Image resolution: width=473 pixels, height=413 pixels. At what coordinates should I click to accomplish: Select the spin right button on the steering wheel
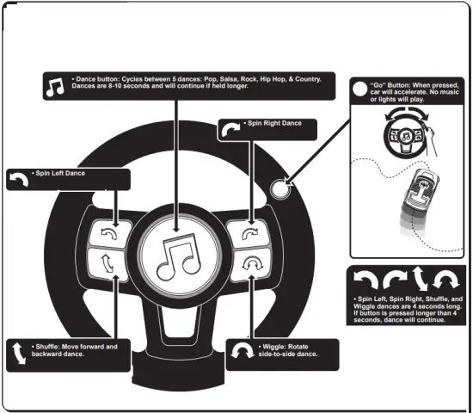pos(249,232)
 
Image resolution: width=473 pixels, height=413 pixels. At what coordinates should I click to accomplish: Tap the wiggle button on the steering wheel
pos(249,265)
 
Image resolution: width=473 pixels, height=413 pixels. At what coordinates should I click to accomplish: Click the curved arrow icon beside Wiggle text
pos(244,351)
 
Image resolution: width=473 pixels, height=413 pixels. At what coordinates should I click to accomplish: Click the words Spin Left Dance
pos(60,174)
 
